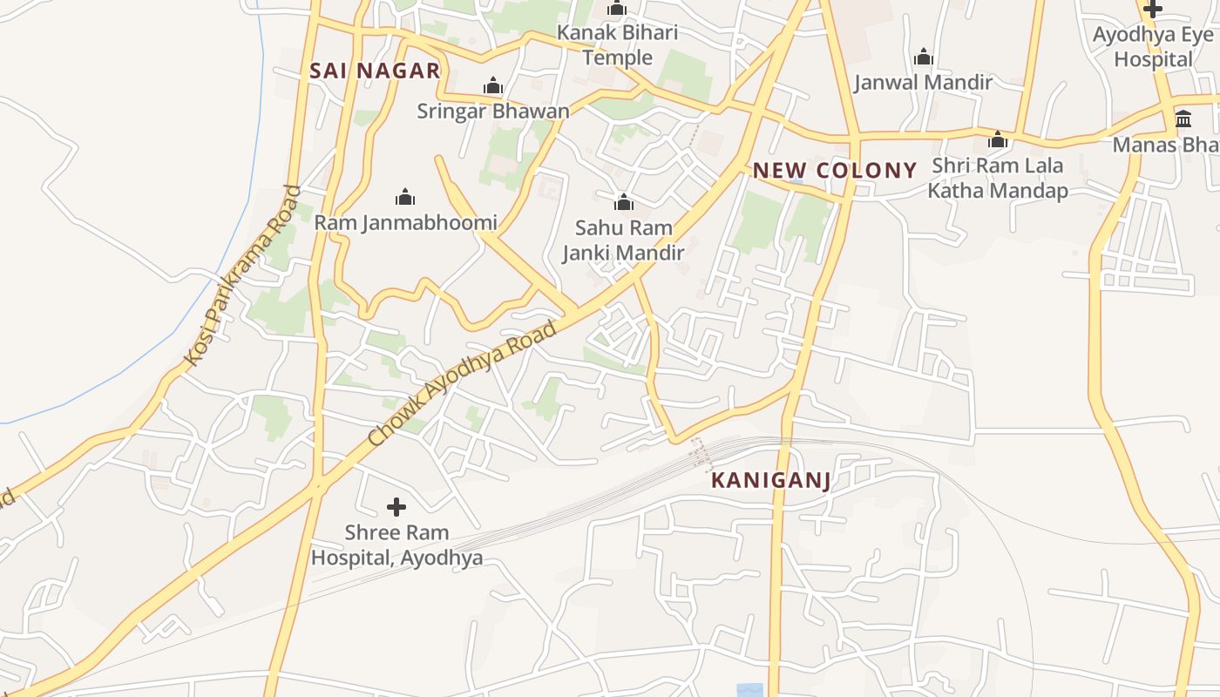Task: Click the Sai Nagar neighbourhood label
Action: click(375, 71)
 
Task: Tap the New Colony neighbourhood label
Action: click(835, 170)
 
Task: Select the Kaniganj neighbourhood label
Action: click(771, 480)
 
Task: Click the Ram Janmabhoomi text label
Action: click(405, 222)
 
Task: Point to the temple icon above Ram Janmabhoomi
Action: click(405, 197)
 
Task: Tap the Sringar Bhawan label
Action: click(492, 111)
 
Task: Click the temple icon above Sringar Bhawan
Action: click(493, 85)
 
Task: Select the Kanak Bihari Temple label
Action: click(617, 45)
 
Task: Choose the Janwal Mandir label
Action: click(923, 83)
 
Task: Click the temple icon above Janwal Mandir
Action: click(924, 58)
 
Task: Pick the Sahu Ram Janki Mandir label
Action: click(623, 240)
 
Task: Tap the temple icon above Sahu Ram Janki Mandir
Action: click(623, 203)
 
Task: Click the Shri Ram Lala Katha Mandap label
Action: click(997, 178)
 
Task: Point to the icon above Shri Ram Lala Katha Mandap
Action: click(998, 139)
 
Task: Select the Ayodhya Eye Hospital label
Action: click(1153, 47)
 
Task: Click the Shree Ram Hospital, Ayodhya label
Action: click(396, 545)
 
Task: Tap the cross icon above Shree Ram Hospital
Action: click(396, 506)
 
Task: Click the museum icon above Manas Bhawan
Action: click(1183, 118)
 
